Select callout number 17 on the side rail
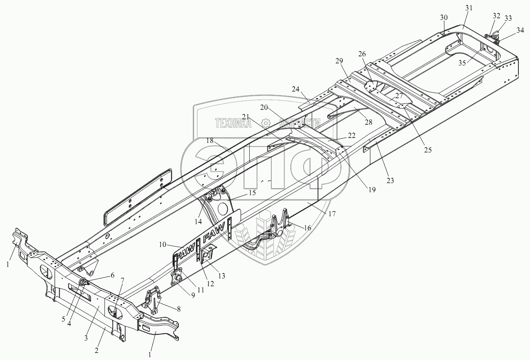coord(331,214)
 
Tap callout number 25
coord(428,150)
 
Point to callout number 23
coord(390,180)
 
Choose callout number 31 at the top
coord(468,8)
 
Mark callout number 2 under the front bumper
coord(96,350)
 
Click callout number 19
coord(372,190)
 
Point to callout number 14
coord(199,221)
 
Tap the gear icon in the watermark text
coord(266,123)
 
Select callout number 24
coord(307,89)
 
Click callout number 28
coord(368,122)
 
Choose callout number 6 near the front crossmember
coord(111,275)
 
